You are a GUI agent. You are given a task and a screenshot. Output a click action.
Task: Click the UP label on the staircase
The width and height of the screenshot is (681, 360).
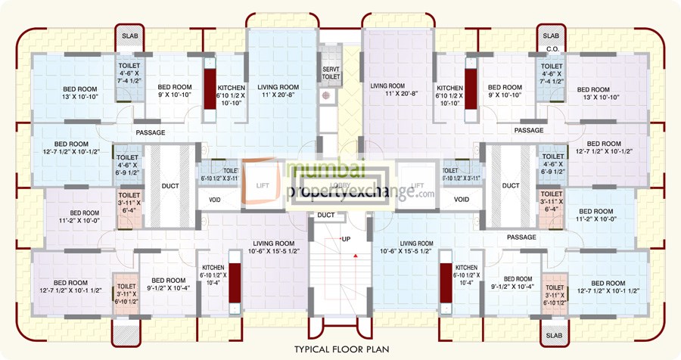(x=346, y=239)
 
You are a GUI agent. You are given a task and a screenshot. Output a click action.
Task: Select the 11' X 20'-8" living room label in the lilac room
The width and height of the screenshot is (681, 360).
(x=387, y=92)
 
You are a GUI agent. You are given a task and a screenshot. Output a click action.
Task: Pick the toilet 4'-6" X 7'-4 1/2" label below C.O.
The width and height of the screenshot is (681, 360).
(x=553, y=76)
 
